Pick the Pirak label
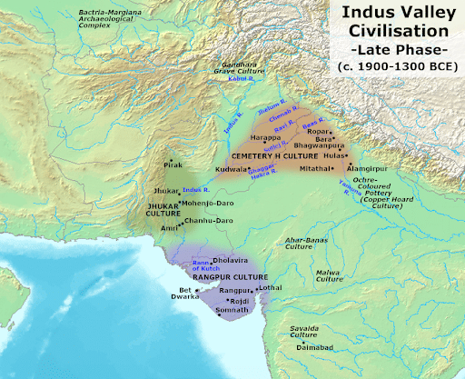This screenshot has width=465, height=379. pos(173,166)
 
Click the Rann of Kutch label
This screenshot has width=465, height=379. pos(205,266)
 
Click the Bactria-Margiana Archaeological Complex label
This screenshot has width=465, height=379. pos(114,17)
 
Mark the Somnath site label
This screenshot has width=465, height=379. pos(234,311)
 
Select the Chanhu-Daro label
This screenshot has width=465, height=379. pos(197,221)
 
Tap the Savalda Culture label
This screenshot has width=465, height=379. pos(303,330)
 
